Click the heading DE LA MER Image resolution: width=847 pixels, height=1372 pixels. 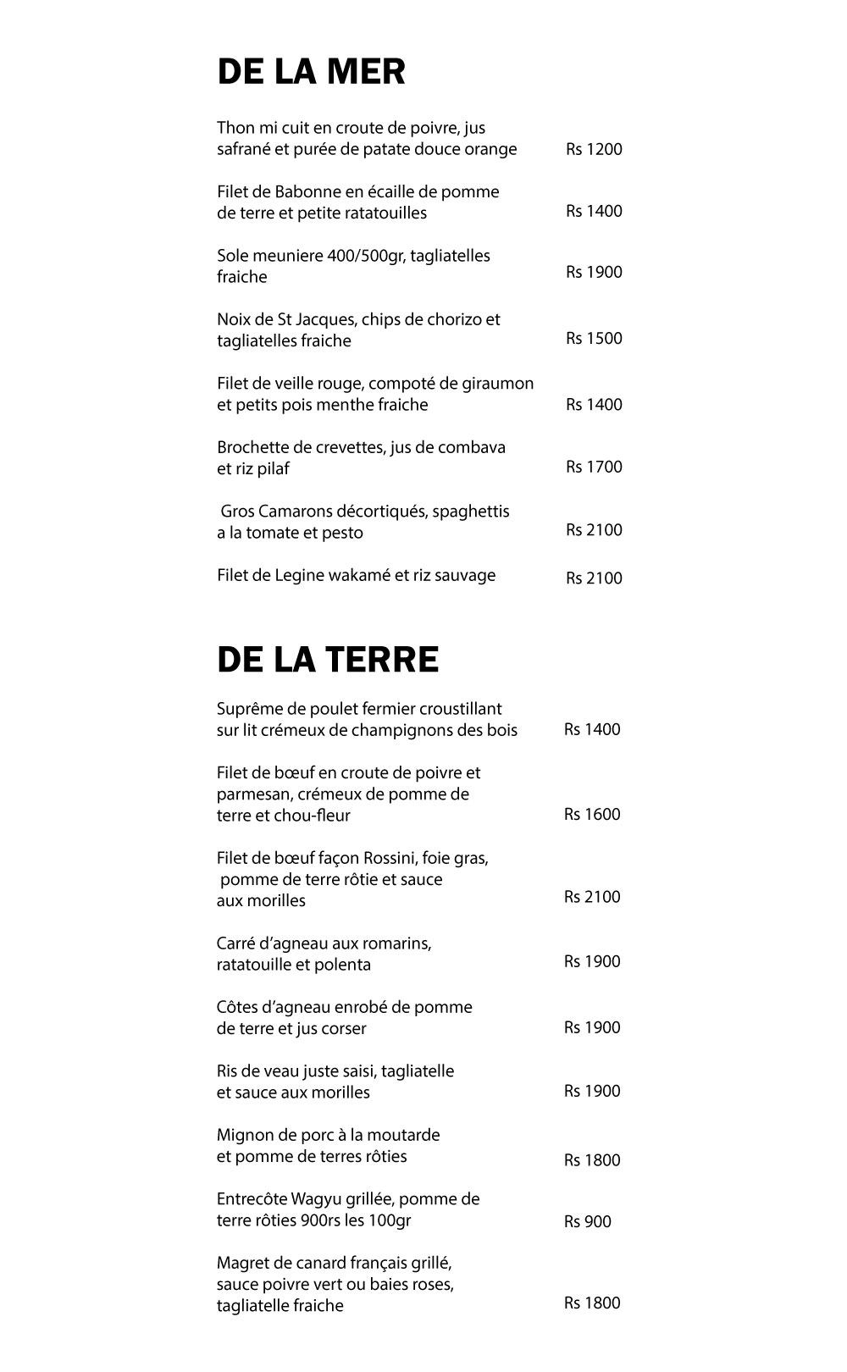[311, 72]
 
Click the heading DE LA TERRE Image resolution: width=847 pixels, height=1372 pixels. [328, 660]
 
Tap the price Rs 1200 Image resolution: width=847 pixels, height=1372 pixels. [594, 150]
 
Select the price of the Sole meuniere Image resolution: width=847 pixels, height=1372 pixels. [594, 272]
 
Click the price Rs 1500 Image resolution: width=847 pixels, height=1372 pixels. [594, 339]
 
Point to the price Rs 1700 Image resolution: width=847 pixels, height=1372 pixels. [594, 467]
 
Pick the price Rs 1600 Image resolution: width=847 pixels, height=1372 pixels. [592, 815]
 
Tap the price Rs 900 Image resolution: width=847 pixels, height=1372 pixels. [587, 1221]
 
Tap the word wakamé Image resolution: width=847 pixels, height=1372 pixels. [376, 576]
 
